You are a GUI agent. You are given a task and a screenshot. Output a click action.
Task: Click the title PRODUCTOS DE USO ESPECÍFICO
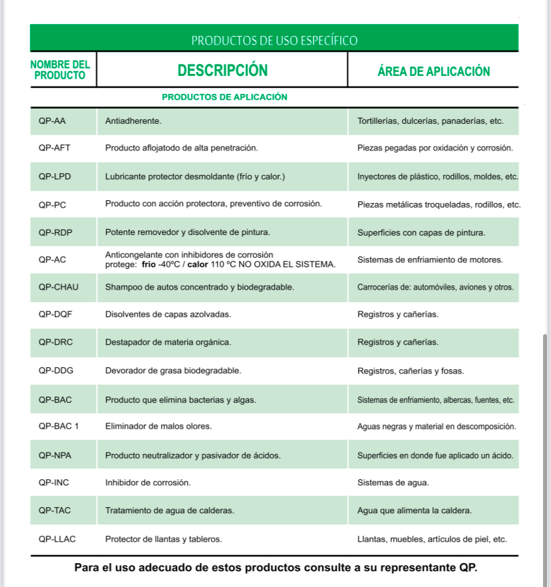(274, 41)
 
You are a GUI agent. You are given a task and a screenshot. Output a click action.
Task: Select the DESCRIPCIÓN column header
(222, 71)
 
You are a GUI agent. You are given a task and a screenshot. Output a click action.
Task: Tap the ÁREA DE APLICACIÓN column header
(433, 71)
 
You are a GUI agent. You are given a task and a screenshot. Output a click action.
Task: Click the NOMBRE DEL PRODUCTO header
(60, 70)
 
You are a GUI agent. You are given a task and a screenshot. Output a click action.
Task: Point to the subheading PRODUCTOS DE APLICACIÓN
(224, 97)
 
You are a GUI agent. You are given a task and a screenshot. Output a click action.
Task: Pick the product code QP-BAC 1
(59, 426)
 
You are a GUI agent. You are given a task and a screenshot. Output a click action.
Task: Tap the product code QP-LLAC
(57, 539)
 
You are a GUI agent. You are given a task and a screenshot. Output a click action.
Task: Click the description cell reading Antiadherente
(134, 122)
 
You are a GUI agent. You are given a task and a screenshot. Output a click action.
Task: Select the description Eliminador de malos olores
(158, 426)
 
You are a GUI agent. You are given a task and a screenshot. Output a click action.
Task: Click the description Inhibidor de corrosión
(148, 483)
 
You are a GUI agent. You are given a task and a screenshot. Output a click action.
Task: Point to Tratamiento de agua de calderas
(170, 511)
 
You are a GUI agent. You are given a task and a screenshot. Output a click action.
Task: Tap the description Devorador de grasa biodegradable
(173, 370)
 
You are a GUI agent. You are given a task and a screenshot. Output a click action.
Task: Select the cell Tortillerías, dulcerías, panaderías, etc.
(430, 122)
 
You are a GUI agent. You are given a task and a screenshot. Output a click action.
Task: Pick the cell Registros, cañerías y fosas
(411, 371)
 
